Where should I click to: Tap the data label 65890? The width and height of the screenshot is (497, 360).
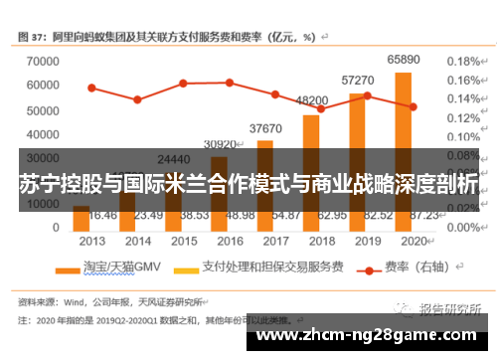404,60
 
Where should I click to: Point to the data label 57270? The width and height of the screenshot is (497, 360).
358,80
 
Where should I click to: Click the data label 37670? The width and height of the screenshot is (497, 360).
265,128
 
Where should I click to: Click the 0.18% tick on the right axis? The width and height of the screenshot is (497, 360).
462,61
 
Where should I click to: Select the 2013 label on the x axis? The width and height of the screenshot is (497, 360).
91,241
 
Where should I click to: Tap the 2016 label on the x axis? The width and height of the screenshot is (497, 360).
230,241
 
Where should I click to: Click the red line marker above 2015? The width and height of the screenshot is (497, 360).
183,83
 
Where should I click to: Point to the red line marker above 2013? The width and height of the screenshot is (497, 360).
91,88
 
